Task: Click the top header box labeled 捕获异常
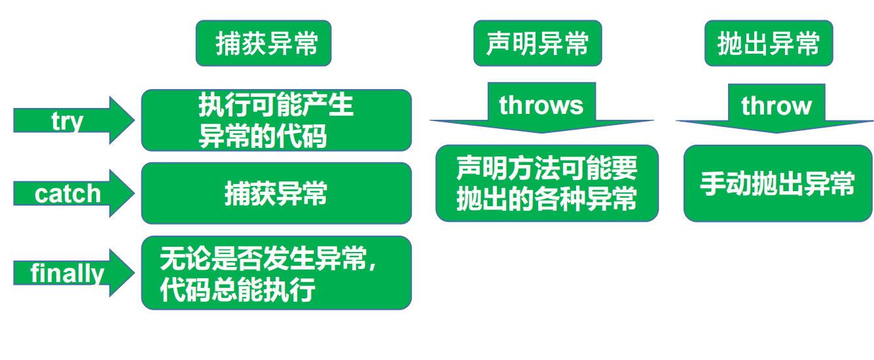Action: pos(264,43)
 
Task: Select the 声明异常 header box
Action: pos(537,43)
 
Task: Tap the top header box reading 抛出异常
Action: pos(769,43)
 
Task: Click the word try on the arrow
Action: pos(67,120)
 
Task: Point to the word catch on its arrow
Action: pos(67,194)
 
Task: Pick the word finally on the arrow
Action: pos(67,273)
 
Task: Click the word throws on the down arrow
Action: pos(541,105)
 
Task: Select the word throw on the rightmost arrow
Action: pos(776,105)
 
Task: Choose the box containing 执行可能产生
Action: pos(276,120)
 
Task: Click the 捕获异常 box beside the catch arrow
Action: pos(276,194)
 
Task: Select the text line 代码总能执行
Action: pos(238,289)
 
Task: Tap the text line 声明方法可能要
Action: pos(547,170)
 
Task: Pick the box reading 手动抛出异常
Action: pos(778,184)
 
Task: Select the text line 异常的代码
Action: pos(263,137)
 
